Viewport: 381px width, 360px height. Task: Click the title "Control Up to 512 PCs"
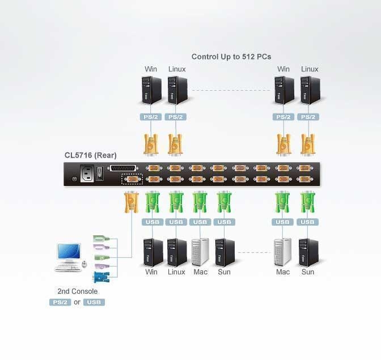coord(231,57)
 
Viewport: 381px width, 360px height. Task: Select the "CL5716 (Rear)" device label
coord(91,155)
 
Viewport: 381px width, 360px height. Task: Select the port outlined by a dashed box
coord(132,180)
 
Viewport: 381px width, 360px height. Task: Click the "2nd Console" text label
coord(78,291)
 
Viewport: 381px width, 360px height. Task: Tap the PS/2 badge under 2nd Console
coord(60,302)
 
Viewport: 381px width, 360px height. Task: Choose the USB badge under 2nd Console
coord(94,302)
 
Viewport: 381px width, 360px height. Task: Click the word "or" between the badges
coord(77,302)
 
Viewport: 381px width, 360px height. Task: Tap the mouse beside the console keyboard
coord(84,264)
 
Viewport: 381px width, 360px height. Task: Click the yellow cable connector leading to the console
coord(132,201)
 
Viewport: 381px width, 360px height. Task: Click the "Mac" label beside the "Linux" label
coord(201,272)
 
